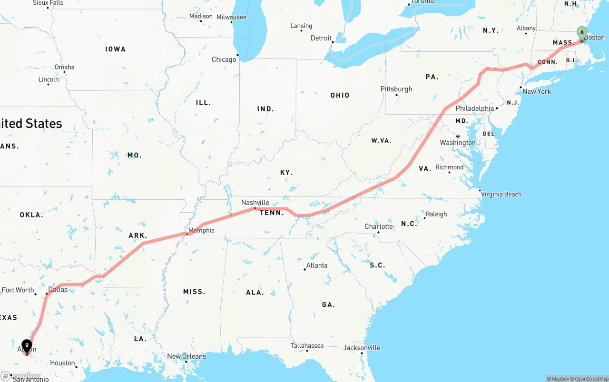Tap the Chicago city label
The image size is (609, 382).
coord(224,59)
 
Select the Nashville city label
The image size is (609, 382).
coord(255,202)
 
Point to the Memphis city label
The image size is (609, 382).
coord(201,230)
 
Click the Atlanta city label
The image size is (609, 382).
coord(316,265)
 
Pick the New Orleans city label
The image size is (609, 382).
coord(187,356)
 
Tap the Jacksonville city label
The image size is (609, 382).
coord(362,348)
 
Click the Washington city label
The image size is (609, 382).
coord(458,143)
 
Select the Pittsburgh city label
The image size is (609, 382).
coord(396,89)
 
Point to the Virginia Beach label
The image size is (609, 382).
coord(501,194)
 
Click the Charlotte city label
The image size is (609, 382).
coord(379,226)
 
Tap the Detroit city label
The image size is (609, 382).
coord(321,38)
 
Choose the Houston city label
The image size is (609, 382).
coord(62,363)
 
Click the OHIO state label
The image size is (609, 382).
coord(340,95)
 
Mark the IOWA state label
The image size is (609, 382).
coord(115,49)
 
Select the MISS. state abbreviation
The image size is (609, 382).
coord(194,292)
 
